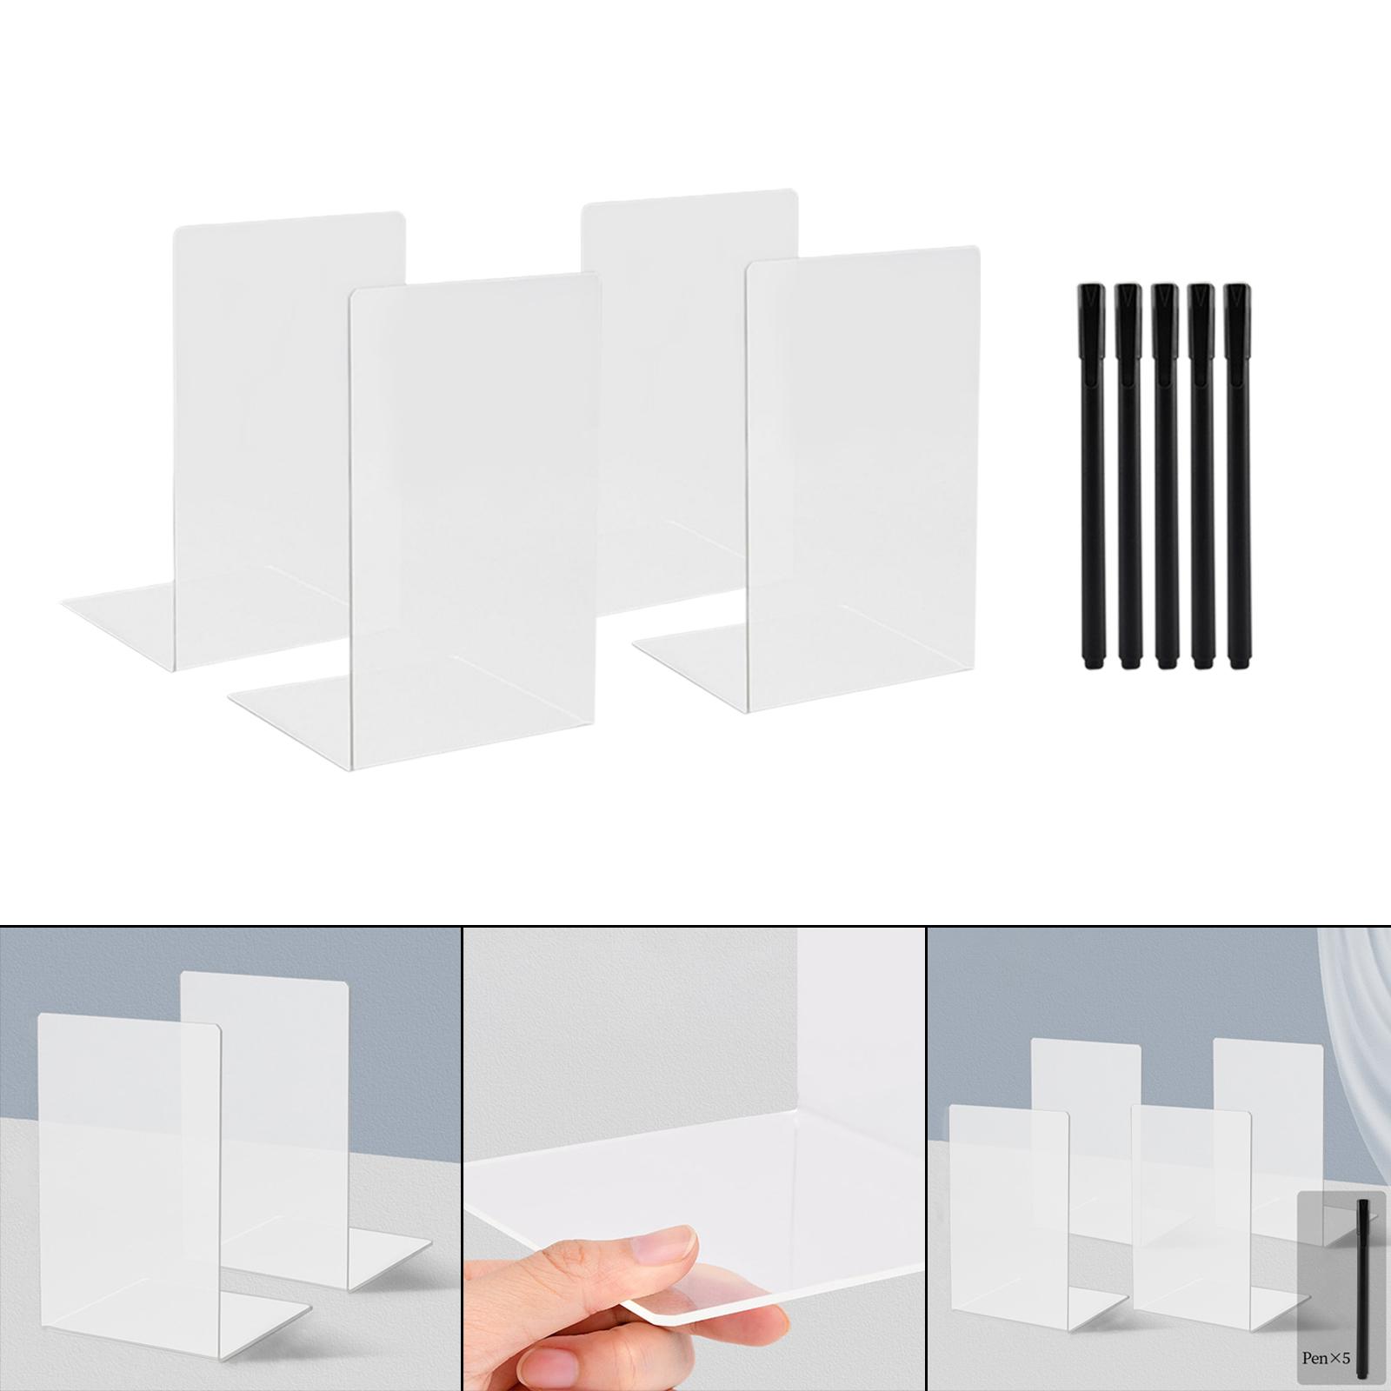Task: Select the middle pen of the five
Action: pos(1164,476)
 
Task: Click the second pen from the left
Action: pos(1128,476)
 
